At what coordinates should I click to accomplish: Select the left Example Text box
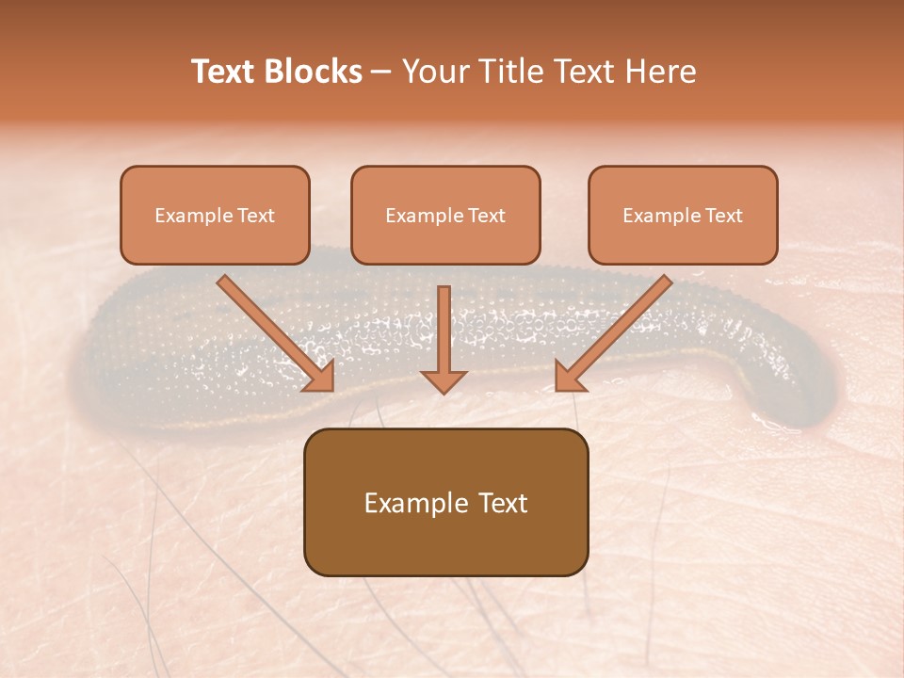pyautogui.click(x=215, y=215)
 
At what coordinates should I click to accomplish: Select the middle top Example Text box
pyautogui.click(x=445, y=215)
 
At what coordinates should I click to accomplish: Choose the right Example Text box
pyautogui.click(x=683, y=215)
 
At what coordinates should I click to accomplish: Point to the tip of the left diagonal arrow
pyautogui.click(x=331, y=389)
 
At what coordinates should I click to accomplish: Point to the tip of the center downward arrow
pyautogui.click(x=444, y=392)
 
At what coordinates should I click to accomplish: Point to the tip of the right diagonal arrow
pyautogui.click(x=557, y=389)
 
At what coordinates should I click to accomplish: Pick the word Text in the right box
pyautogui.click(x=723, y=216)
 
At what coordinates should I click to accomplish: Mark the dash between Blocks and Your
pyautogui.click(x=381, y=72)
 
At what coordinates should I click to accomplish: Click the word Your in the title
pyautogui.click(x=436, y=72)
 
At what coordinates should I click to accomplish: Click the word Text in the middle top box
pyautogui.click(x=486, y=216)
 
